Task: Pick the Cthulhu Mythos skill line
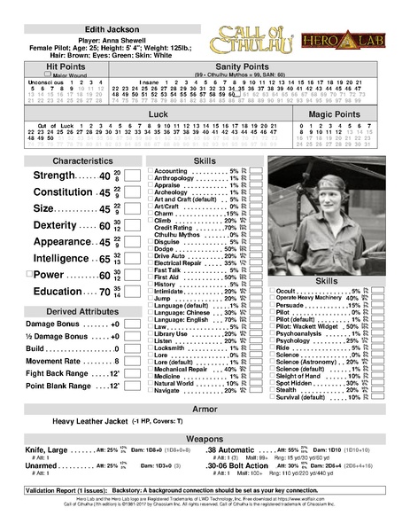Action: [181, 235]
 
